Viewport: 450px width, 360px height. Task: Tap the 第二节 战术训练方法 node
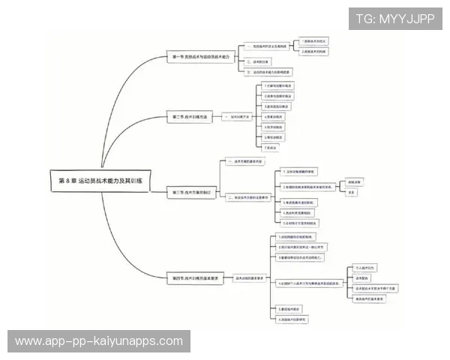pos(192,117)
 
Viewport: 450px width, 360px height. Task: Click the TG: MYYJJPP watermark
pos(394,19)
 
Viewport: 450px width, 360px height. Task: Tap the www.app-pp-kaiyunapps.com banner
pos(98,341)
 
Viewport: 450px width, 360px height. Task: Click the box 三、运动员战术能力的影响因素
pos(268,72)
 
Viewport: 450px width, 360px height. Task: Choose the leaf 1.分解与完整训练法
pos(278,86)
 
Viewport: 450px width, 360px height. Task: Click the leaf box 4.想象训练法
pos(274,117)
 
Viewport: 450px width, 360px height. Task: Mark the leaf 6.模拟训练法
pos(274,138)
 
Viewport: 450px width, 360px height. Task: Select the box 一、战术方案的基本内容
pos(244,161)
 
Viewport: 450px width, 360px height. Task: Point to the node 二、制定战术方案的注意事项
pos(247,197)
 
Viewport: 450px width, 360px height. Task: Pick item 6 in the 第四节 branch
pos(293,319)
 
